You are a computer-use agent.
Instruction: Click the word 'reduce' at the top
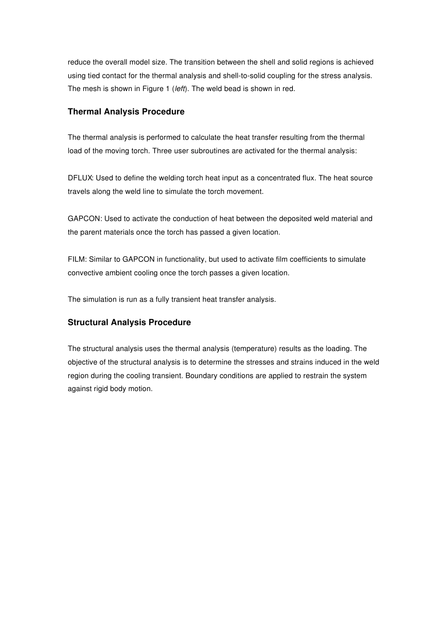(78, 62)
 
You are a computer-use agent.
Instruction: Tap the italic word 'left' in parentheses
(180, 89)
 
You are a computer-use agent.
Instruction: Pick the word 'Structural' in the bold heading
(88, 323)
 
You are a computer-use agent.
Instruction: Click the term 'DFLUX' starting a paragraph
(80, 178)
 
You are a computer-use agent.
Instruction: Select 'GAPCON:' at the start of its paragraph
(85, 219)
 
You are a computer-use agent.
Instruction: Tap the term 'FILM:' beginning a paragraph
(77, 259)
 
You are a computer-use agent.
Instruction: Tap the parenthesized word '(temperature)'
(254, 349)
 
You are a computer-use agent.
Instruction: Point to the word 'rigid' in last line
(101, 389)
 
